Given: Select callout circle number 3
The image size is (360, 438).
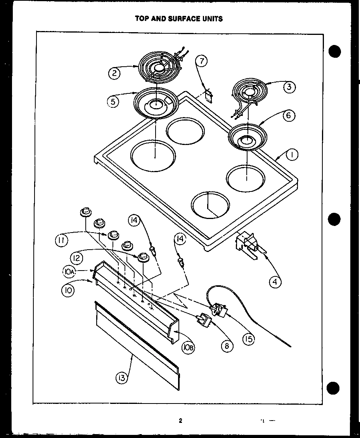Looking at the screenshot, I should pos(289,87).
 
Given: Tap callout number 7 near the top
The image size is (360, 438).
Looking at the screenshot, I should pos(201,61).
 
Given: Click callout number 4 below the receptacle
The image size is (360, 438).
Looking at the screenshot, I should pos(275,282).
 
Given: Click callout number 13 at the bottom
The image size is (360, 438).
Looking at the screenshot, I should pos(122,378).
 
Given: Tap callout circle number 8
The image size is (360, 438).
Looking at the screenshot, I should pos(227,345).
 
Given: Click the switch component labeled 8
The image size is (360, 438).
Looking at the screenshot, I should pos(204,320).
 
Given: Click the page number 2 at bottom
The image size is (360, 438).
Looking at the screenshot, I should pos(180,421).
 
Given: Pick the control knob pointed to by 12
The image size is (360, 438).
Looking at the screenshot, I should pos(143,257).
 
